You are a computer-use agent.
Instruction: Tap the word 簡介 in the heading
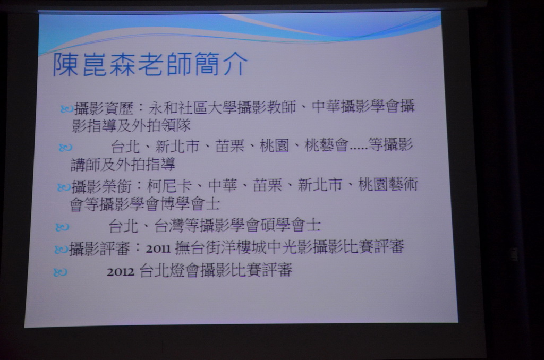tap(220, 64)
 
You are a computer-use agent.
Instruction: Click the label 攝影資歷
tap(104, 108)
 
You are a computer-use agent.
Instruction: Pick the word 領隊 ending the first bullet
tap(176, 125)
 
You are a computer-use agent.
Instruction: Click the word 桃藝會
tap(326, 145)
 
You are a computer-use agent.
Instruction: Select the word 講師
tap(86, 164)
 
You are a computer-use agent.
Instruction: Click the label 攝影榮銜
tap(101, 186)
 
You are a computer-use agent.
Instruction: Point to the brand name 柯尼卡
tap(169, 186)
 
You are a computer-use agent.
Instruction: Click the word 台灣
tap(169, 226)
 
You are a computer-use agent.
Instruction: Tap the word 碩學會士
tap(291, 225)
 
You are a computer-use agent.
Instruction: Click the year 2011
tap(158, 248)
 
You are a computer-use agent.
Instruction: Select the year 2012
tap(121, 272)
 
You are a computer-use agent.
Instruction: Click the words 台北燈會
tap(169, 270)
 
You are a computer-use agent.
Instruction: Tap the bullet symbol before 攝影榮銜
tap(64, 187)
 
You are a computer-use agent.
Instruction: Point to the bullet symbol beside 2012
tap(60, 272)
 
